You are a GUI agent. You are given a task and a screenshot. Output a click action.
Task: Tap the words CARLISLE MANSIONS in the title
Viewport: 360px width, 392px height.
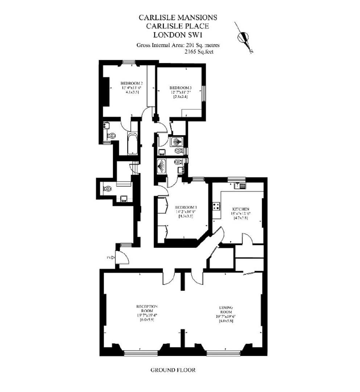coord(178,17)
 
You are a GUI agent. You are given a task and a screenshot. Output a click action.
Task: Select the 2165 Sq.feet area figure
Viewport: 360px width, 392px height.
coord(199,52)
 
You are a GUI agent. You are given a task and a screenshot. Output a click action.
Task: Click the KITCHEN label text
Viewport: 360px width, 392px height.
coord(241,209)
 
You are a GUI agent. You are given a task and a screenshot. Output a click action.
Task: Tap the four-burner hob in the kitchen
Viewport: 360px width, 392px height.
coord(216,207)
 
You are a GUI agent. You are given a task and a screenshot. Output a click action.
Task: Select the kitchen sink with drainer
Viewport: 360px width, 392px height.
coord(240,186)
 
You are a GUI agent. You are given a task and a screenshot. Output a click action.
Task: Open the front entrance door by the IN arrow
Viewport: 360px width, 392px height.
coord(123,257)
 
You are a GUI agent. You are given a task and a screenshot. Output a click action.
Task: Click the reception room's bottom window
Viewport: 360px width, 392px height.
coord(141,352)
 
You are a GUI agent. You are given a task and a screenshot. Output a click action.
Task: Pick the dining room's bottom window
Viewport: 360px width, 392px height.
coord(223,352)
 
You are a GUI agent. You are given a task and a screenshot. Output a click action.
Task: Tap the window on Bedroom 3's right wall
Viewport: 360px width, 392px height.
coord(204,93)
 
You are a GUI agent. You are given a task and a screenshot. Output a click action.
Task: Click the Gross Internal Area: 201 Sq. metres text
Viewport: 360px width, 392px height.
coord(178,45)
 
